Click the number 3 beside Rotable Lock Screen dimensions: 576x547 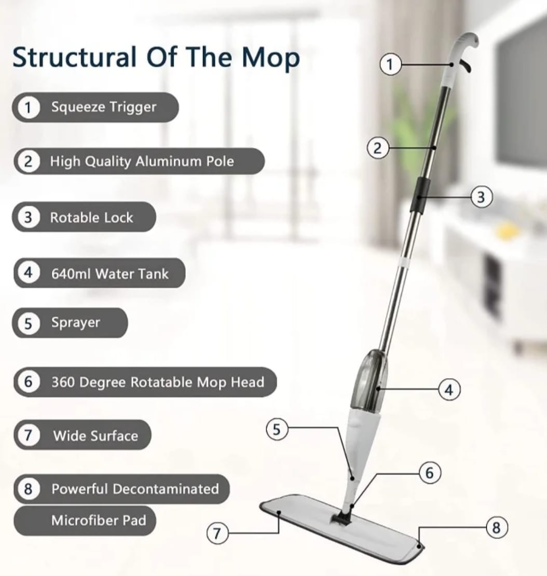tap(28, 217)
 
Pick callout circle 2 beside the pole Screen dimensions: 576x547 tap(377, 148)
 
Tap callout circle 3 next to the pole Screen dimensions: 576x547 tap(481, 197)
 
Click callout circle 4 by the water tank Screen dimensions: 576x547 tap(449, 389)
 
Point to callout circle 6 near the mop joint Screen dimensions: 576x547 tap(430, 473)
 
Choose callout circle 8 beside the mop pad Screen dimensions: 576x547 tap(496, 528)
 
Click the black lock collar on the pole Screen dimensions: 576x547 tap(419, 195)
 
